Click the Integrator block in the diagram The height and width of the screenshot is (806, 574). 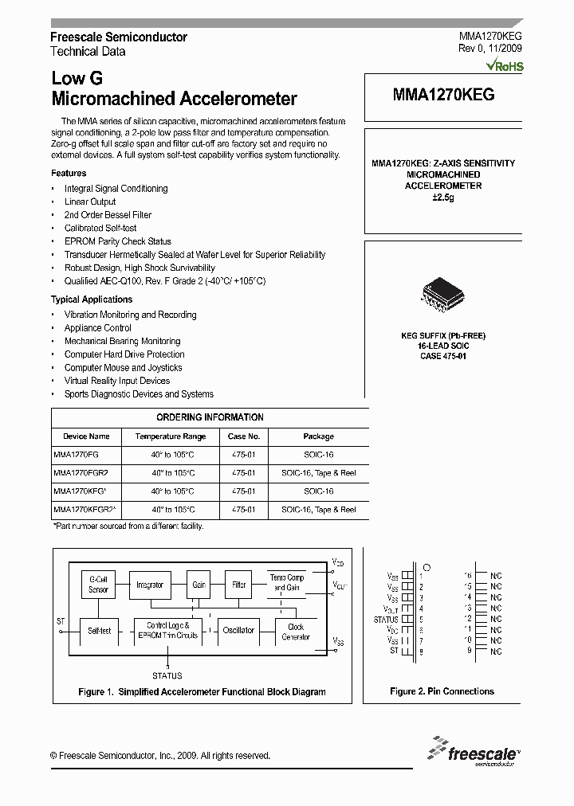(x=150, y=585)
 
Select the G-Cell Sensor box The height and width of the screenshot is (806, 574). (x=98, y=585)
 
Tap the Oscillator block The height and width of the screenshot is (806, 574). (x=238, y=630)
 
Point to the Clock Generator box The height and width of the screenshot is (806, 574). (x=296, y=632)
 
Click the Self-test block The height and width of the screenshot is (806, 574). (x=99, y=630)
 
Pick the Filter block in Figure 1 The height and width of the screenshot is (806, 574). (x=239, y=585)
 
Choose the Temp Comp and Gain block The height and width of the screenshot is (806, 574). (x=287, y=582)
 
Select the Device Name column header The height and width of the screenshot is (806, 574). (x=86, y=436)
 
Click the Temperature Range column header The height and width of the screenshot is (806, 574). (x=171, y=436)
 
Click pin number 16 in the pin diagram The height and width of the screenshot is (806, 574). (x=469, y=575)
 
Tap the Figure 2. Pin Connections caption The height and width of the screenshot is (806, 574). (x=442, y=691)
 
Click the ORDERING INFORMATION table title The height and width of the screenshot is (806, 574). (x=210, y=417)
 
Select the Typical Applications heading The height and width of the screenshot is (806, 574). (x=92, y=299)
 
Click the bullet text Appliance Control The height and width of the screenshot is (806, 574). (x=98, y=328)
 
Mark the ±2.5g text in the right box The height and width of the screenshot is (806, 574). (x=443, y=197)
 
